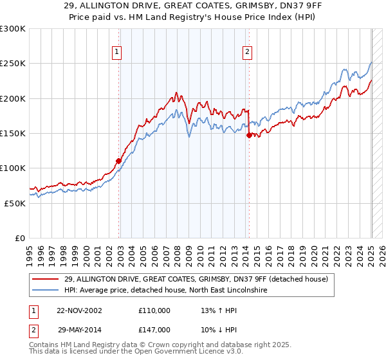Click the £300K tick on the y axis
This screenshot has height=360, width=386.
click(13, 29)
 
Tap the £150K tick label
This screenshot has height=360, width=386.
click(13, 134)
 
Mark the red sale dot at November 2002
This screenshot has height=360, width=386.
click(119, 161)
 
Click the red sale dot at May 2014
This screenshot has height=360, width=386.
click(249, 135)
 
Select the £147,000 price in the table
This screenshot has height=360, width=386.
click(154, 329)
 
